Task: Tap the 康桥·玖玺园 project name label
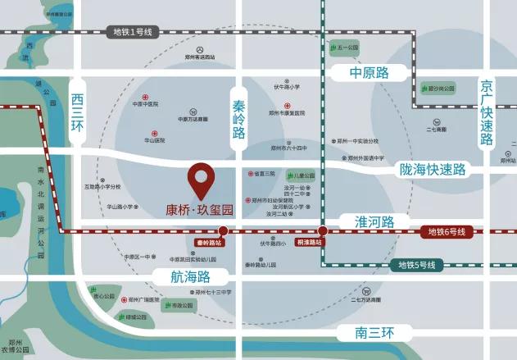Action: [200, 210]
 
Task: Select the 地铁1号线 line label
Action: [132, 32]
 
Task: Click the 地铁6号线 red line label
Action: [446, 232]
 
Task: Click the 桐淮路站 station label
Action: [310, 243]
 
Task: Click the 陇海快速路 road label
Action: [433, 169]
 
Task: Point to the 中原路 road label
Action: [368, 73]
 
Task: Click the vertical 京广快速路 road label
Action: [488, 112]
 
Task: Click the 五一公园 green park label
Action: [344, 48]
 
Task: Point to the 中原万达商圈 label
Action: [193, 119]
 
